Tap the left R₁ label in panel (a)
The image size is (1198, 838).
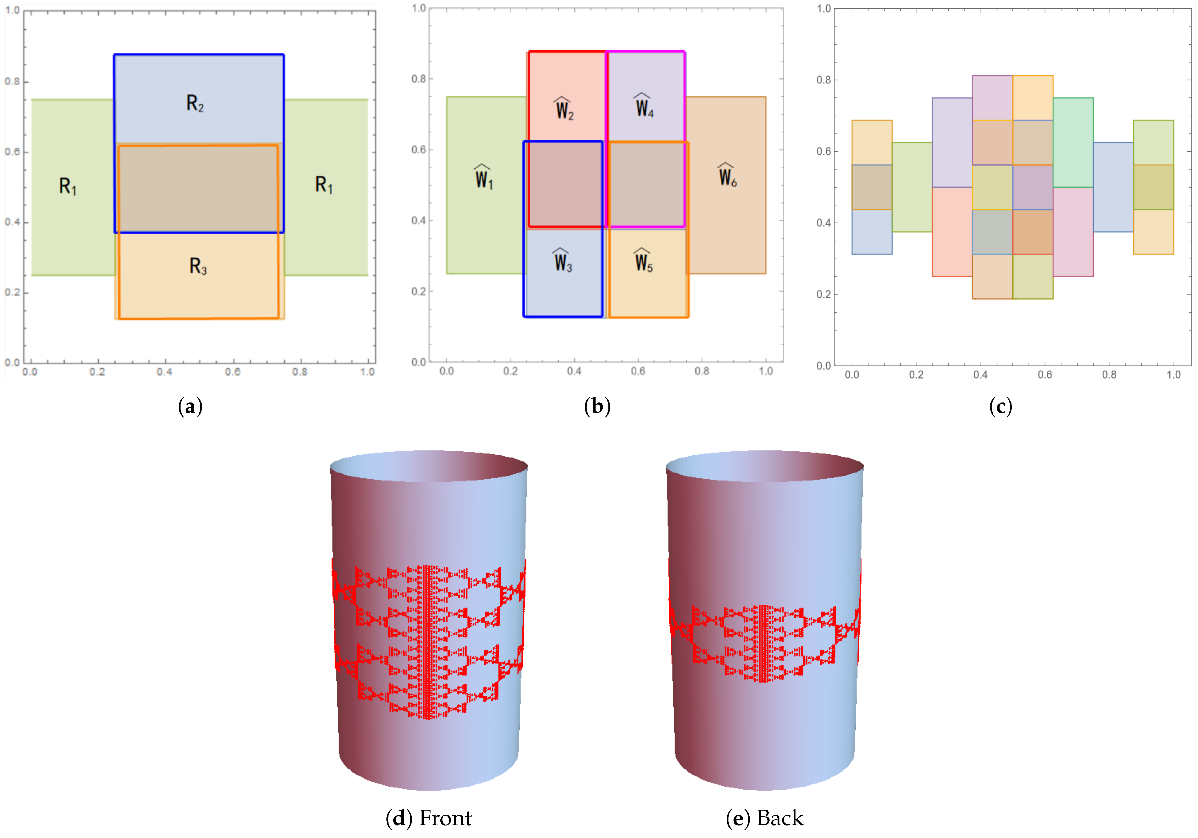coord(67,186)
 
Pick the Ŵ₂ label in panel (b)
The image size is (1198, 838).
coord(564,109)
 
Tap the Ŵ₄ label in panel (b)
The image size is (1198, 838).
coord(644,106)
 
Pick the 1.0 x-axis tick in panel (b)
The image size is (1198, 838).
coord(765,371)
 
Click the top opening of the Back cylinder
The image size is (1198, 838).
coord(765,466)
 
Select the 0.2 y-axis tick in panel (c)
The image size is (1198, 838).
coord(823,294)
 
